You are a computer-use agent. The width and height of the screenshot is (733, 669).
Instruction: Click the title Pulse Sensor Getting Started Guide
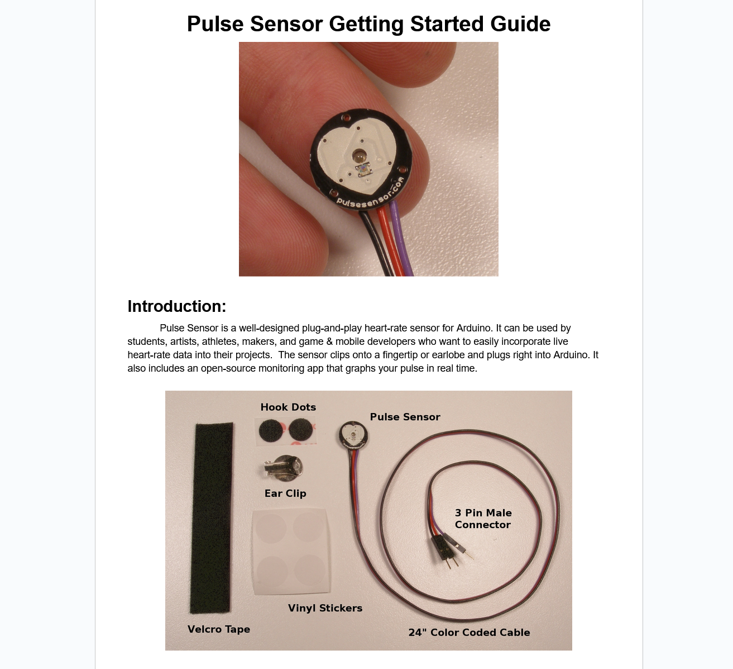368,24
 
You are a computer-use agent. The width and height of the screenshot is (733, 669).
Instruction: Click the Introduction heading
176,306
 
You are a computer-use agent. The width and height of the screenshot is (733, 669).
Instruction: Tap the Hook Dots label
288,407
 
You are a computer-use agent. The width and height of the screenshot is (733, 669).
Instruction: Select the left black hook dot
272,431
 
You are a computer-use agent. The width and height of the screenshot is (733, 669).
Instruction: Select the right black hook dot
301,430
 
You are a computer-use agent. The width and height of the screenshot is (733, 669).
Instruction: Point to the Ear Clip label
285,493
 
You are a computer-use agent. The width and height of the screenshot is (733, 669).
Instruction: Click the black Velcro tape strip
211,517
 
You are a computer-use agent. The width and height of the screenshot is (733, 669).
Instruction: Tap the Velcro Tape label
219,629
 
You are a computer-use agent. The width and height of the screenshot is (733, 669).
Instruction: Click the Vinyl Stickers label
325,608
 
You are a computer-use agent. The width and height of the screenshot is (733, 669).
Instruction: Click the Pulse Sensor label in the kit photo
405,416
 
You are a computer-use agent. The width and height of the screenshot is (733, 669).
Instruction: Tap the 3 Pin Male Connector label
483,519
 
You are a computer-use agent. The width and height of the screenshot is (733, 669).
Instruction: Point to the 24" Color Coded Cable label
469,632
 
